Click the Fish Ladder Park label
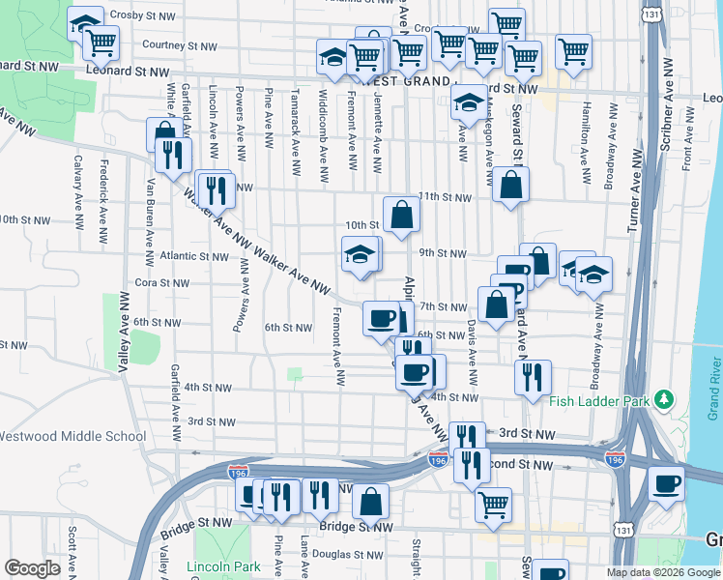(599, 401)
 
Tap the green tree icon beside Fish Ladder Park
(664, 399)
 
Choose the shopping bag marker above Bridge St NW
(370, 502)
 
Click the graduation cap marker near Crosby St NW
(85, 22)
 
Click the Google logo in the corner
(32, 568)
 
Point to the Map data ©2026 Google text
(663, 572)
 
